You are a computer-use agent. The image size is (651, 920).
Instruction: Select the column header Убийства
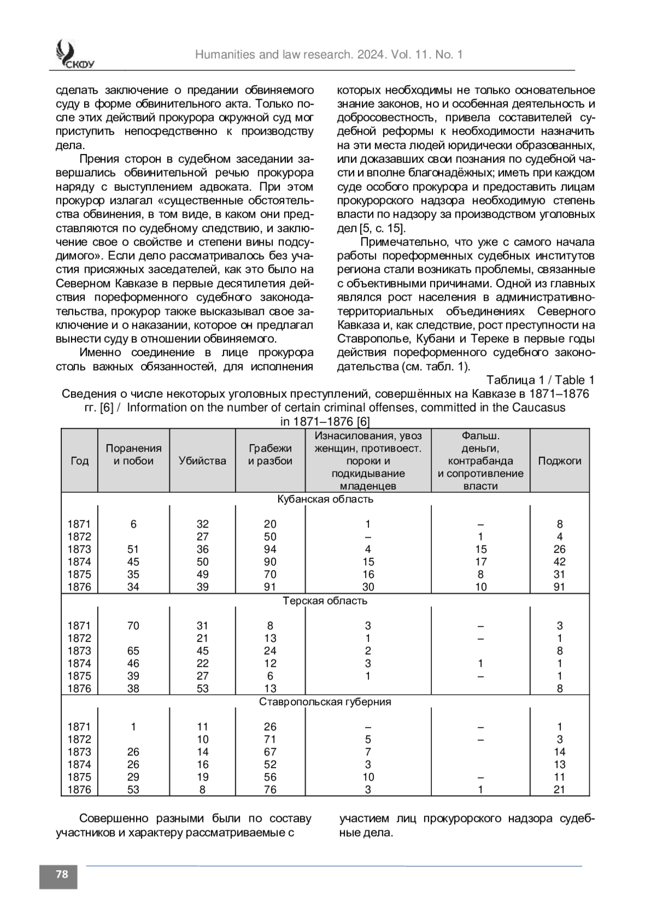(202, 461)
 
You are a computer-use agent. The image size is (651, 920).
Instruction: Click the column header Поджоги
(559, 461)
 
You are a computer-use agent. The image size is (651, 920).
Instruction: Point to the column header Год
(80, 461)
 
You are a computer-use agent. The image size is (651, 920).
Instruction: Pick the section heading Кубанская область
(325, 499)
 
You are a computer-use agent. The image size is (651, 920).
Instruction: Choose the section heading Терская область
(325, 601)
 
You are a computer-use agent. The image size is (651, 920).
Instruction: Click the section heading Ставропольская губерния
(325, 702)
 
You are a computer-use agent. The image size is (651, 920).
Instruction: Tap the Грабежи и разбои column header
(270, 455)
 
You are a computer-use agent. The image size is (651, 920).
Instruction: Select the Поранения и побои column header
(133, 455)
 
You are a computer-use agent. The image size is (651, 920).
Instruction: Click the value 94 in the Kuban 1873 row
(270, 549)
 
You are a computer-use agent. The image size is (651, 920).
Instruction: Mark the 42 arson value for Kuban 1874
(559, 562)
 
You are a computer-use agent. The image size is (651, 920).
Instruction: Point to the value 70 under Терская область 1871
(133, 626)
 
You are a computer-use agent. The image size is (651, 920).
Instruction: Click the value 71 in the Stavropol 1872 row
(270, 739)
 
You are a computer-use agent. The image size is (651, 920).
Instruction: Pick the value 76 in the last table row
(270, 790)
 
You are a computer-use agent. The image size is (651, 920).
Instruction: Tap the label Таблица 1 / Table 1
(540, 380)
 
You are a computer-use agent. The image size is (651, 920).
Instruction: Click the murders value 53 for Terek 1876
(202, 689)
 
